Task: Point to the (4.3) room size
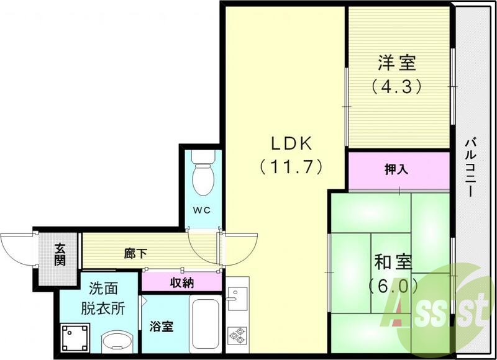point(398,85)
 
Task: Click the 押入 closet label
point(398,169)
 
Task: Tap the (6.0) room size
point(393,286)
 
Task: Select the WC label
point(201,210)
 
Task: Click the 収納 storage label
point(181,282)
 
